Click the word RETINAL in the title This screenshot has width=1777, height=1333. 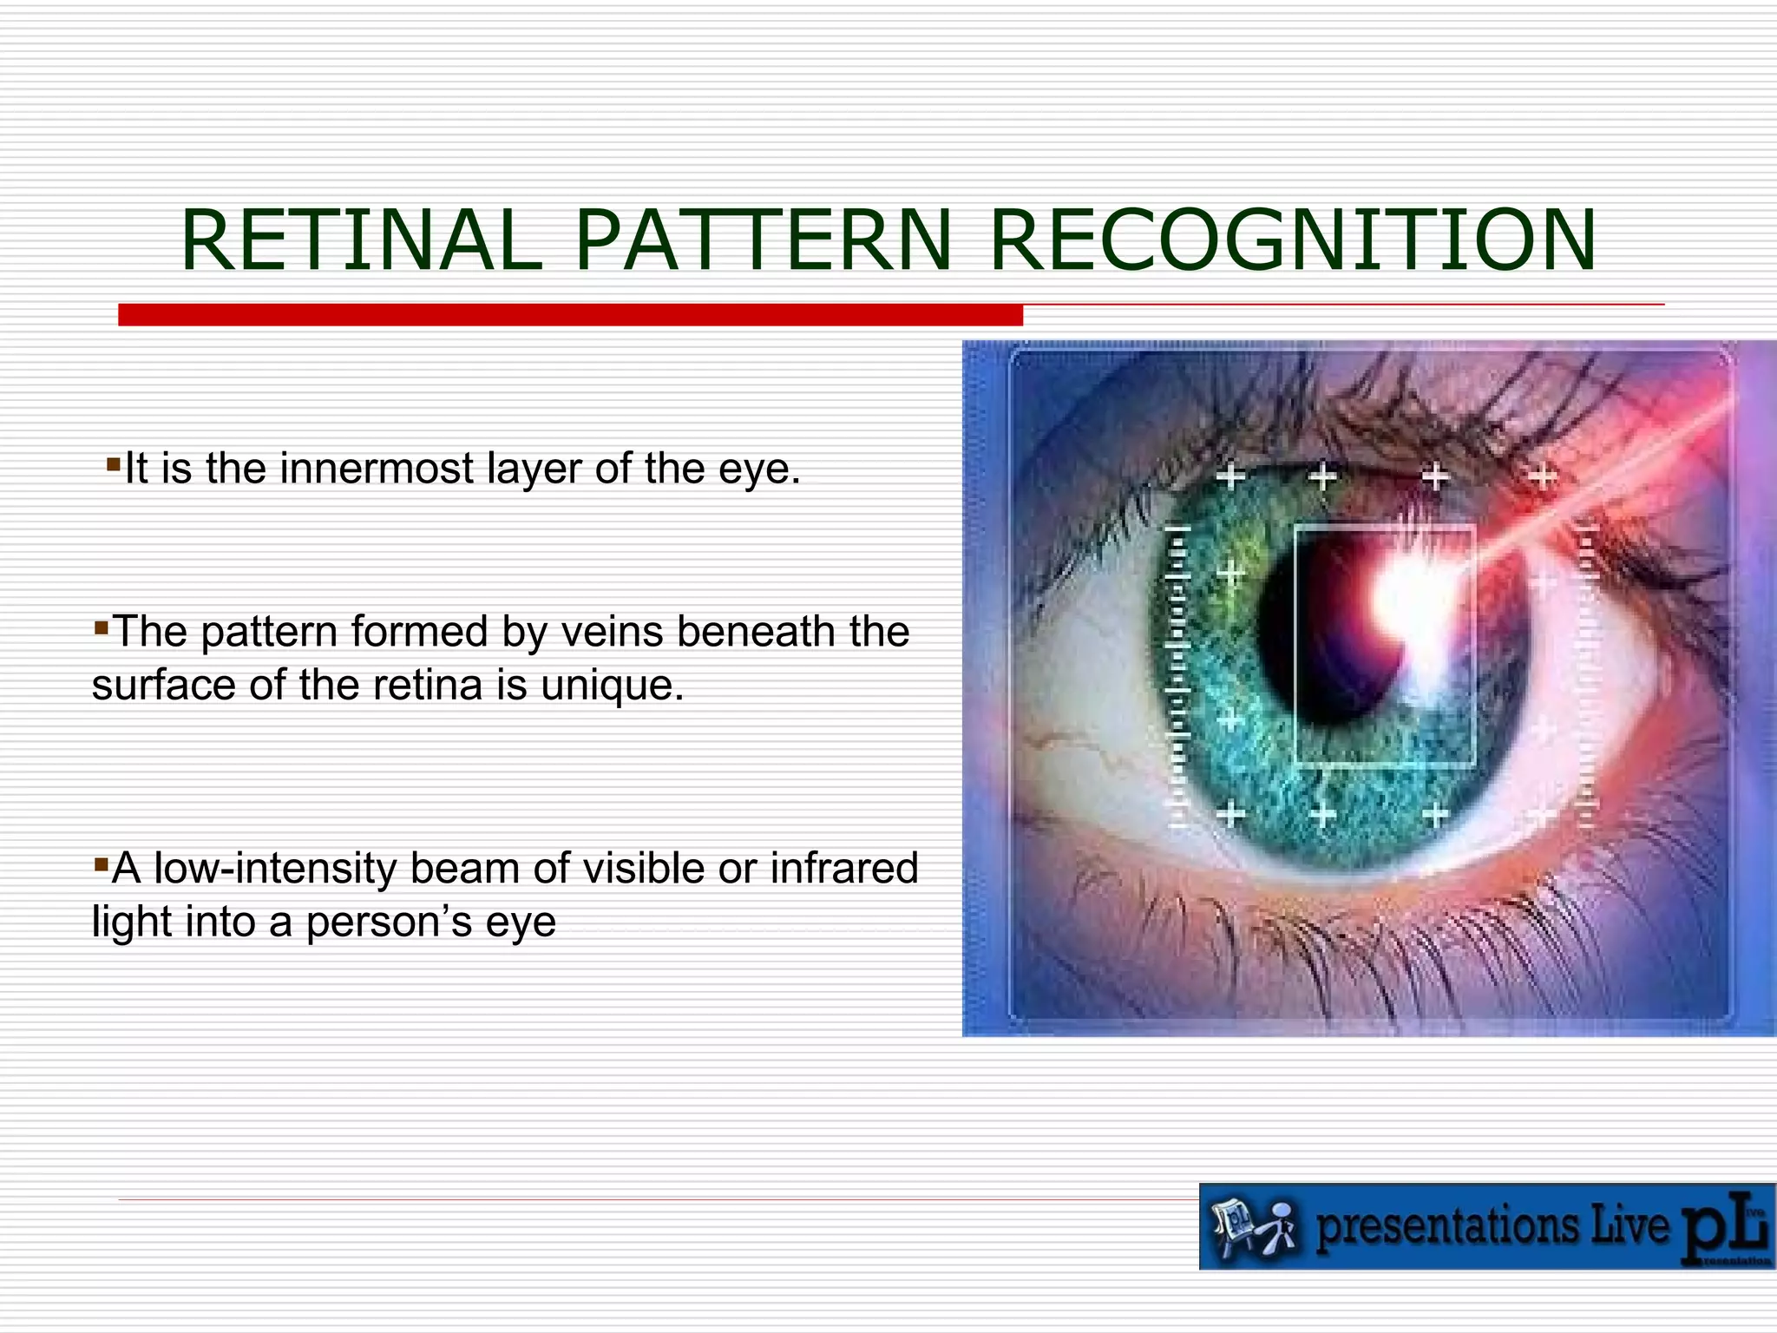coord(361,240)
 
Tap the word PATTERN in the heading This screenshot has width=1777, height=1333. coord(763,240)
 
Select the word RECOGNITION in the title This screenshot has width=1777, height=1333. coord(1291,240)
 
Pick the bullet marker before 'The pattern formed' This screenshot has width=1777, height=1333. coord(101,626)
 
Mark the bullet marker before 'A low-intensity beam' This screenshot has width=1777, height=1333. coord(101,863)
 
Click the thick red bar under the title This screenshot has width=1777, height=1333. coord(570,315)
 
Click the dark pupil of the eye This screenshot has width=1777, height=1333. coord(1319,642)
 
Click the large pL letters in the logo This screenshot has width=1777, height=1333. coord(1722,1228)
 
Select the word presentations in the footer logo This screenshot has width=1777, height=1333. coord(1449,1227)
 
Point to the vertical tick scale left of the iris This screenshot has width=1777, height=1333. coord(1177,677)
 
